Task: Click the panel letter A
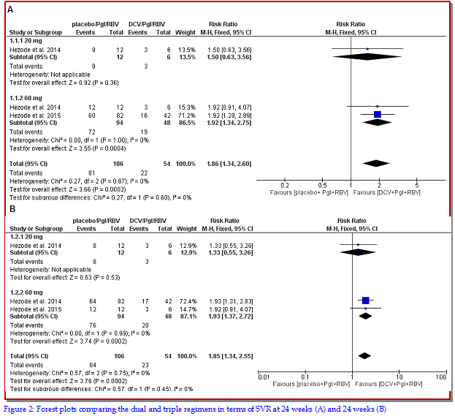(10, 12)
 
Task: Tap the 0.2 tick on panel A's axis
(285, 185)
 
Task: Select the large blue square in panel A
(377, 115)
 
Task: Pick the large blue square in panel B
(365, 300)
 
